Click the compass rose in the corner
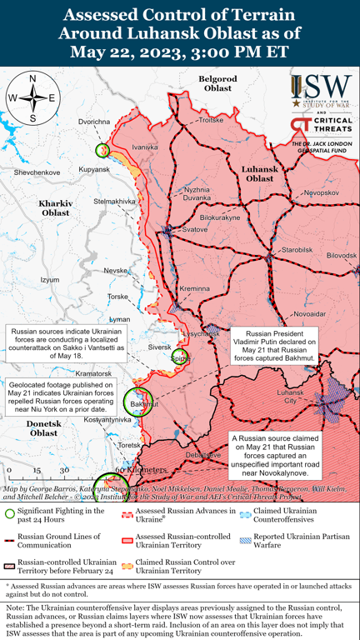32,98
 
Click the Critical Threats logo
321,126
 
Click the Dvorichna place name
94,122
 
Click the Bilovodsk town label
341,255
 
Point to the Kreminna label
195,288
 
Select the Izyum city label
50,279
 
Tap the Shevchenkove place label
37,172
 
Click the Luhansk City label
292,396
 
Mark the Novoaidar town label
309,313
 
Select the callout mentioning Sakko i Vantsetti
64,342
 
